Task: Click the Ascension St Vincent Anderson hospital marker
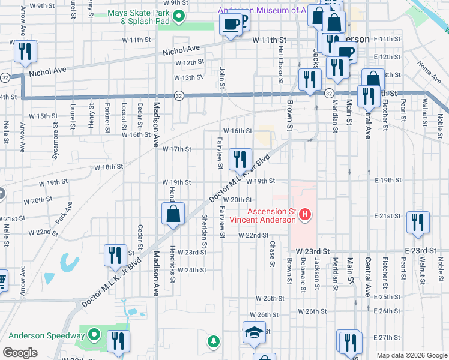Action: pos(306,214)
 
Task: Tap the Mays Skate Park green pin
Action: pos(179,17)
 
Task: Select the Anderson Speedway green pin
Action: pos(94,335)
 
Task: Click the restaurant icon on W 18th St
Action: pos(240,159)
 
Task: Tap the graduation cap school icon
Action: pos(254,332)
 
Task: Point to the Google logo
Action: pos(20,353)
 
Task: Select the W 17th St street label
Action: pos(176,149)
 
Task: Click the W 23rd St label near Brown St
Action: pos(310,250)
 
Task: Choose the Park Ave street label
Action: pos(64,215)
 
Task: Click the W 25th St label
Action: pos(270,298)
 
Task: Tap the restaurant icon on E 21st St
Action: pos(417,221)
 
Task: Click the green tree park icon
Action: pos(213,341)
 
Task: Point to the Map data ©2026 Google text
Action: pos(412,355)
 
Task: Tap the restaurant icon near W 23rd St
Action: pos(114,255)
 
